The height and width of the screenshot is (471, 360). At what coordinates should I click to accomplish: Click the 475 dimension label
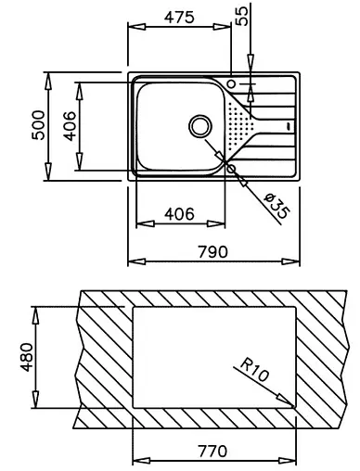179,18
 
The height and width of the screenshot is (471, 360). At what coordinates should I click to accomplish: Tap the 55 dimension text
241,16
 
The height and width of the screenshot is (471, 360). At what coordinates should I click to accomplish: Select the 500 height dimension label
39,125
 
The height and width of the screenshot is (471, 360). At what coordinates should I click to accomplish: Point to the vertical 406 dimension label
70,126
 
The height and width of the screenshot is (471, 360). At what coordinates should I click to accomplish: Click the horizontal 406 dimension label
179,214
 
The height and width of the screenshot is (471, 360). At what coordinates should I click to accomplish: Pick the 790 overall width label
212,252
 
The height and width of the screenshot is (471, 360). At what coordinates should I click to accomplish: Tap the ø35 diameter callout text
277,206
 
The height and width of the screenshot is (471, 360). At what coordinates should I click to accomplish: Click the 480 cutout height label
26,357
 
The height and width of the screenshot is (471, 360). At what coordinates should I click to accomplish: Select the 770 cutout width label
212,452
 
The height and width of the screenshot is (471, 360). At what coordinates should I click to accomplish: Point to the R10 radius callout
254,369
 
